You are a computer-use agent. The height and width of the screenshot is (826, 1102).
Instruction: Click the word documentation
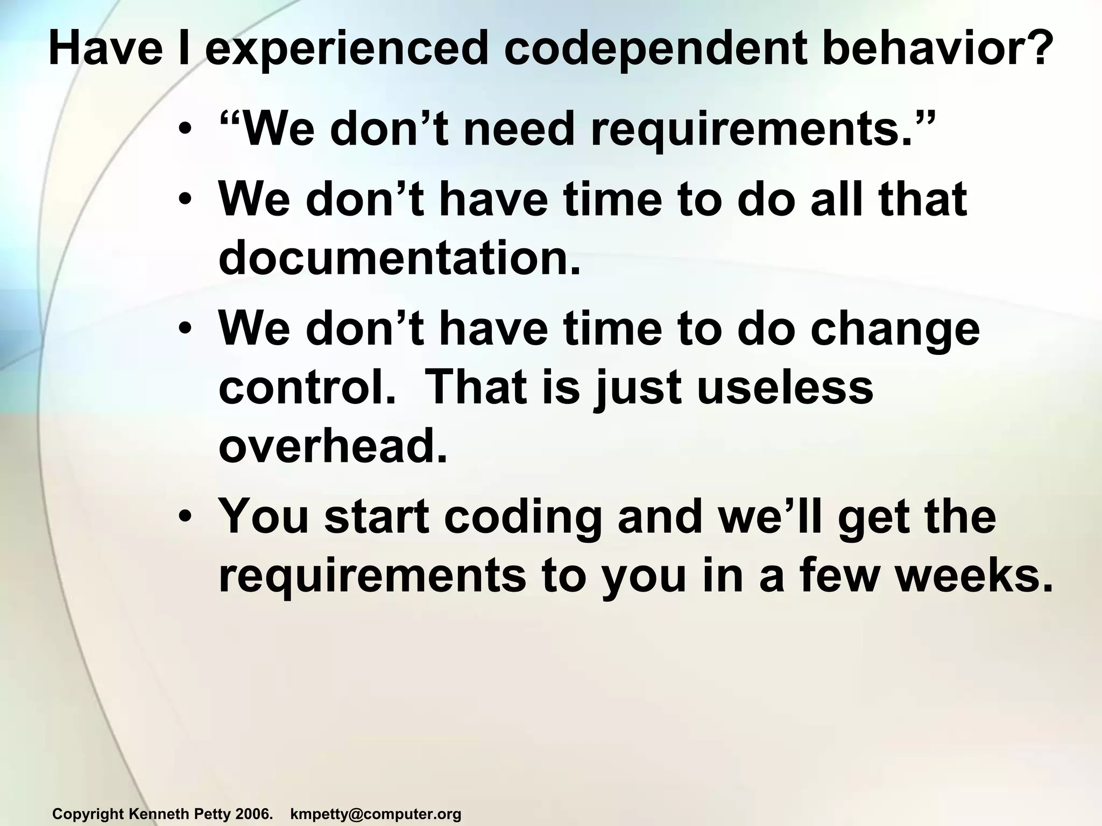click(x=400, y=258)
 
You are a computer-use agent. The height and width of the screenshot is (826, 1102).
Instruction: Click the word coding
click(x=523, y=517)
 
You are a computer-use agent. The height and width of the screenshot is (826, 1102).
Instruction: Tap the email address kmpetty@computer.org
click(x=376, y=814)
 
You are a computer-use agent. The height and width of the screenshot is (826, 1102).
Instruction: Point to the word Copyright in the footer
click(x=88, y=814)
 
